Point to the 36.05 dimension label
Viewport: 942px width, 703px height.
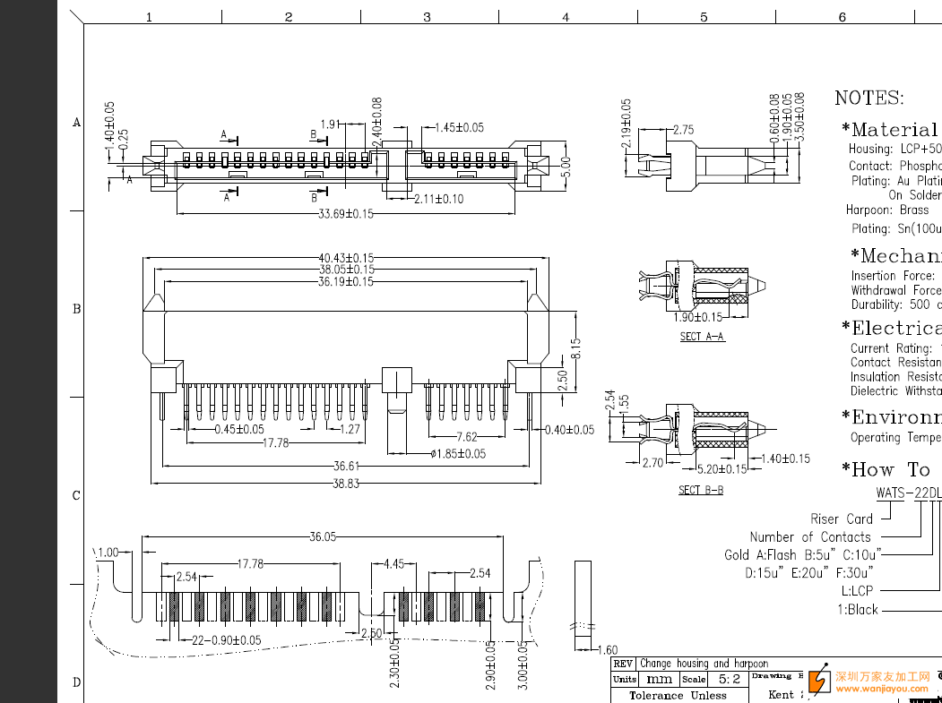(323, 536)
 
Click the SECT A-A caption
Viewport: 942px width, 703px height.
(702, 337)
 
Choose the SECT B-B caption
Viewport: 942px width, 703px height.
(701, 490)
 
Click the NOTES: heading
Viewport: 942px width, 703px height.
(869, 98)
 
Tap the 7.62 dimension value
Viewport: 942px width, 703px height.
(466, 437)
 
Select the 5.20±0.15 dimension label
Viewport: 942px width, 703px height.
(722, 469)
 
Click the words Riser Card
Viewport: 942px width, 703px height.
(841, 519)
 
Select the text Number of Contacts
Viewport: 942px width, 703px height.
(809, 536)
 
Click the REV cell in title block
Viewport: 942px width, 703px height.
(623, 664)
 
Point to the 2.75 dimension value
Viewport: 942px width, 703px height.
(683, 130)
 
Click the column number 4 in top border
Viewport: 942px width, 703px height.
(566, 17)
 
